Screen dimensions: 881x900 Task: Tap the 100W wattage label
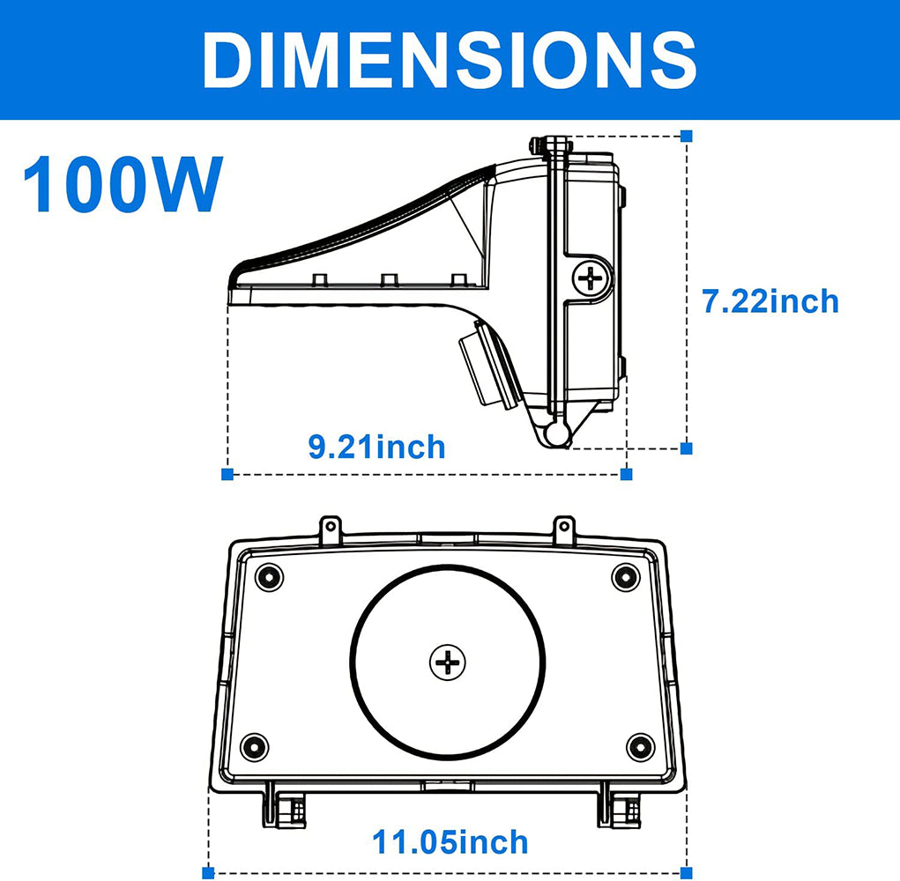123,184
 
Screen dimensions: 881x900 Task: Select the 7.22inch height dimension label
770,301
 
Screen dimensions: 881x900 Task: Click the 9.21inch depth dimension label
376,447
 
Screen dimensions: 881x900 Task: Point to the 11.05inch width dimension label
450,841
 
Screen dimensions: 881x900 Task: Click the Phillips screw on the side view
591,279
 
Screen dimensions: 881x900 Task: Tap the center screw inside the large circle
448,661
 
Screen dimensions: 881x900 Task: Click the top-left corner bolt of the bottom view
269,577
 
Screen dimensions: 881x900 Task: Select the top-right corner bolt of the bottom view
625,577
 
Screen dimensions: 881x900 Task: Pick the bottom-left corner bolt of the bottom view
255,746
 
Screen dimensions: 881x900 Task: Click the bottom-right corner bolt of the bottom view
640,746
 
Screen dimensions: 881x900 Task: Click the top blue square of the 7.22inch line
687,136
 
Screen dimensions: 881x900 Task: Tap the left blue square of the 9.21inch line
227,474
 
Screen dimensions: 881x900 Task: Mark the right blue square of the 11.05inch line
687,872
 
